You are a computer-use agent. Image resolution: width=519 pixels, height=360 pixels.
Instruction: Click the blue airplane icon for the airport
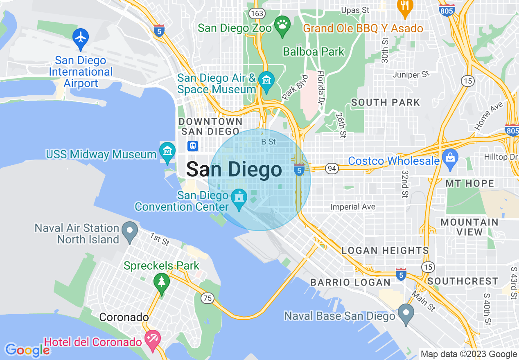pos(81,37)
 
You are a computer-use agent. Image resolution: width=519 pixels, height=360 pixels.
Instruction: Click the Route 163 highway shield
pos(258,13)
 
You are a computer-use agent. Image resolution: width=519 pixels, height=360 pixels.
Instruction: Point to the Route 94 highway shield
pos(331,168)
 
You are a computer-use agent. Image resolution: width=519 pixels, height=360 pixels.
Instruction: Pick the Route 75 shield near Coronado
pos(208,298)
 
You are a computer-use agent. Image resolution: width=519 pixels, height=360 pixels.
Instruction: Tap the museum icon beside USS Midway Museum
pos(167,152)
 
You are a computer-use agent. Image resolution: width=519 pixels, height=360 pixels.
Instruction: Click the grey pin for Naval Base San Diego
pos(406,313)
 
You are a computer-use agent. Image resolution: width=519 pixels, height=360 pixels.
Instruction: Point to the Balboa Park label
pos(314,52)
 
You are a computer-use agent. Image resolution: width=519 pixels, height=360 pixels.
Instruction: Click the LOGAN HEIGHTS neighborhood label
pos(385,250)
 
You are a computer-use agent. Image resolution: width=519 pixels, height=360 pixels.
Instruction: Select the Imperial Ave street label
pos(353,207)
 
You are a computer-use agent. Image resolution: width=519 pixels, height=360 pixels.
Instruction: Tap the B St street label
pos(269,142)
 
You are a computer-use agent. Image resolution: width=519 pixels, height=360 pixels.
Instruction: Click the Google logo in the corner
pos(27,350)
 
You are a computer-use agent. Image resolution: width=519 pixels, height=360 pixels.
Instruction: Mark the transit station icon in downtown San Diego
pos(192,146)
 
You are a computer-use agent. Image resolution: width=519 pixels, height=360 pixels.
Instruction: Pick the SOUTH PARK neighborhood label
pos(386,102)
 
